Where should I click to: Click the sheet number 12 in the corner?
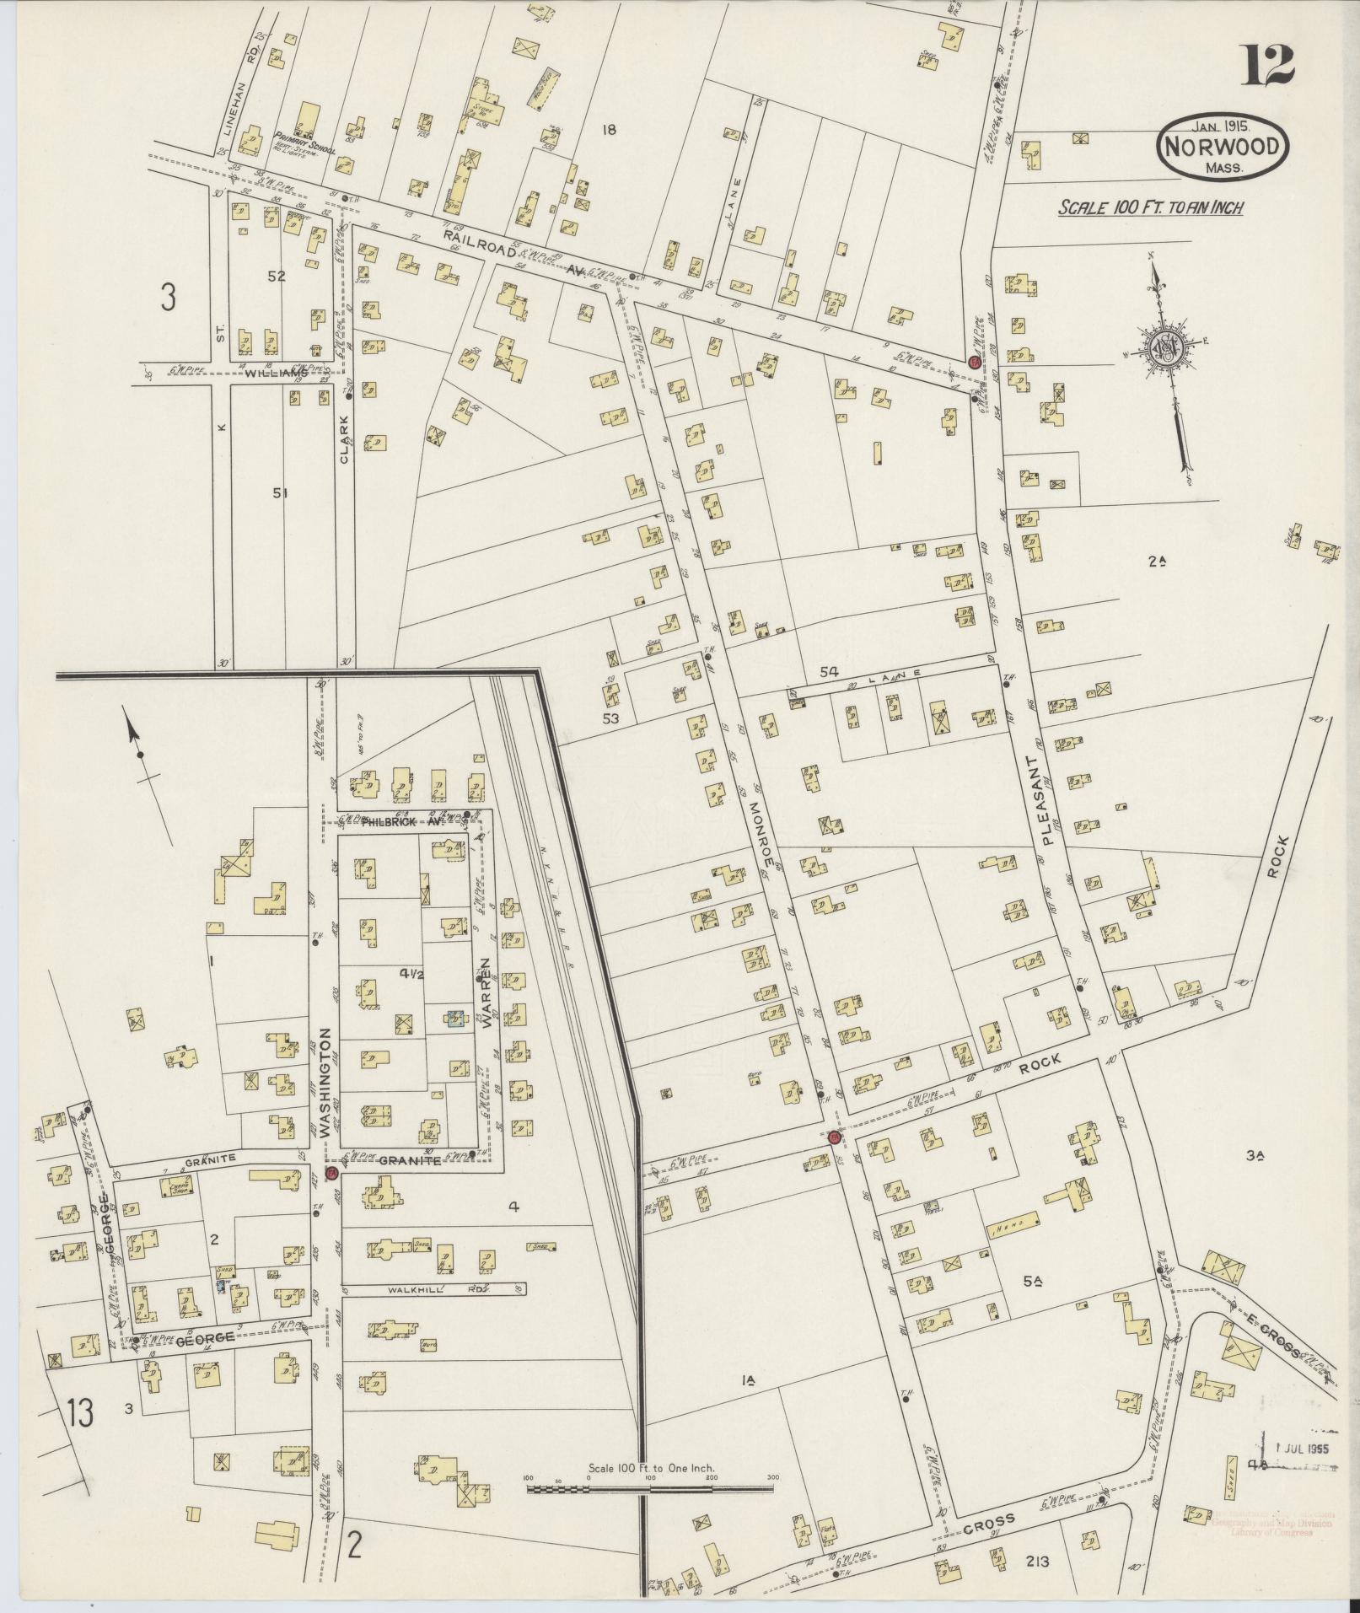click(1266, 65)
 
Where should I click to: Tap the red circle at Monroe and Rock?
click(834, 1137)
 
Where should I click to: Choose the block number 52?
click(277, 277)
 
